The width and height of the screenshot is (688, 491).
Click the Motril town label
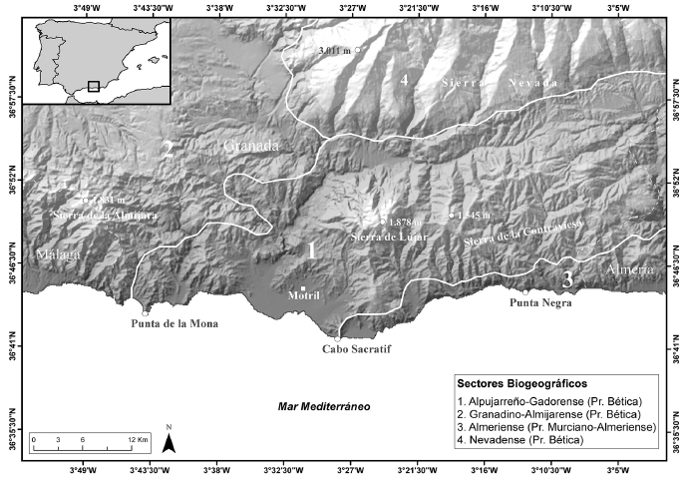point(302,297)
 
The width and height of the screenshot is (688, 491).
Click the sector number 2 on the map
point(170,150)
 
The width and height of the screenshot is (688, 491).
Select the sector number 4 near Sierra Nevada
point(403,79)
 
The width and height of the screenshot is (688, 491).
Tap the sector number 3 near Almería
point(566,278)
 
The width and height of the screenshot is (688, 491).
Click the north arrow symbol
point(170,440)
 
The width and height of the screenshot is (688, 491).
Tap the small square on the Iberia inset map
point(93,86)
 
